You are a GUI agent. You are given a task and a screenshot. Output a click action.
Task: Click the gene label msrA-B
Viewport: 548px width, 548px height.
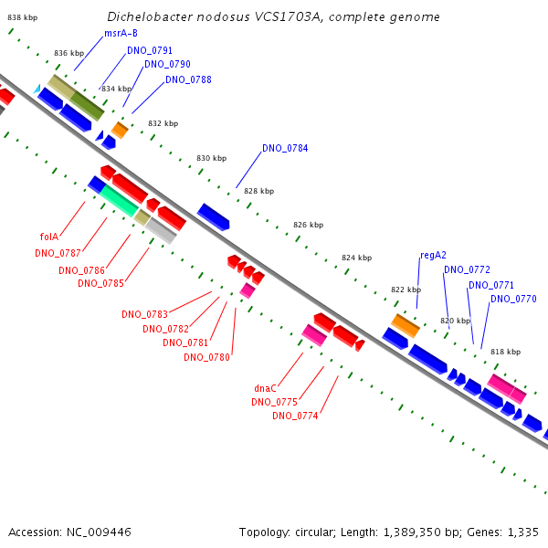click(121, 34)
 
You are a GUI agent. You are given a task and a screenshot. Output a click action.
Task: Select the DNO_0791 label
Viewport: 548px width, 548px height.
click(150, 50)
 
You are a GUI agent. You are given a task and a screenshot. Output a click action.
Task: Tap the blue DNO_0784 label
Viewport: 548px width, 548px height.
click(285, 148)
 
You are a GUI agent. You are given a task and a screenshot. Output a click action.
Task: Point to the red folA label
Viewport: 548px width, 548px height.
click(49, 237)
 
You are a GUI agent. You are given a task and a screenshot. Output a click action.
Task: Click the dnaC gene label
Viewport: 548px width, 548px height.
click(265, 388)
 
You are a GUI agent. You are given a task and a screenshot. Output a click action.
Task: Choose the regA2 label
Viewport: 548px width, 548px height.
click(433, 255)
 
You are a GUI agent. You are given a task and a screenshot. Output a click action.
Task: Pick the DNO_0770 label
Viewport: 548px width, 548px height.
click(513, 300)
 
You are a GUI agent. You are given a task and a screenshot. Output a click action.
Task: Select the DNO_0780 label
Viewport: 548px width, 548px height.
click(207, 357)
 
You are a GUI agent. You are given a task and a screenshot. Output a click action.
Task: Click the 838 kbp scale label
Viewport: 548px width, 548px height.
click(23, 17)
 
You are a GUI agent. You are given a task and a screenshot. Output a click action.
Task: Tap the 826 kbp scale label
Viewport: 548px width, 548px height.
click(309, 225)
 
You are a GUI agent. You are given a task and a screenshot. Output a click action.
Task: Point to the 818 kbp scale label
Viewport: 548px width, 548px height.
click(506, 352)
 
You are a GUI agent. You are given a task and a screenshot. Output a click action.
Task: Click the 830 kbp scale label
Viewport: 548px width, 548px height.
click(212, 158)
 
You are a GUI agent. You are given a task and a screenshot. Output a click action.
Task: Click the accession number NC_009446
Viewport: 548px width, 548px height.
click(99, 532)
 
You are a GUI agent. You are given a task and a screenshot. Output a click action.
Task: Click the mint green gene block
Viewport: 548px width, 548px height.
click(119, 201)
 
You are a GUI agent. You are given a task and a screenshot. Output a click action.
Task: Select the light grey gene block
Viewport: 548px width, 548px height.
click(161, 231)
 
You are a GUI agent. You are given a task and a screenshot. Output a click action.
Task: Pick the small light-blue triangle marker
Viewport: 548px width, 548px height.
click(37, 90)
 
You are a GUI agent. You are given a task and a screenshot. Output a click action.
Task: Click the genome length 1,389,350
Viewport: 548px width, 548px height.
click(413, 532)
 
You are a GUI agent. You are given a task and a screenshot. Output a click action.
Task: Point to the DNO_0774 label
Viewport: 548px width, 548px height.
click(295, 416)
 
